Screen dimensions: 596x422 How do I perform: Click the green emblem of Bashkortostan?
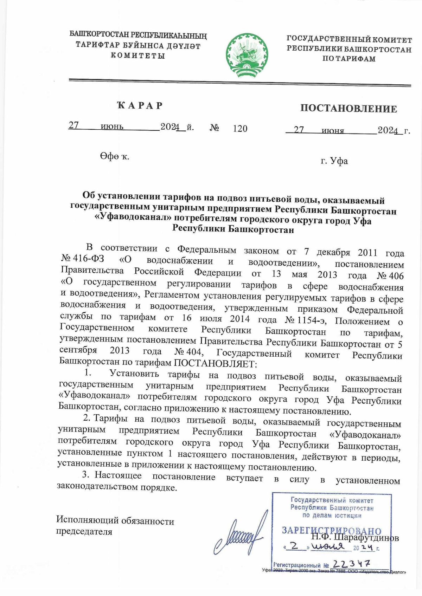point(247,55)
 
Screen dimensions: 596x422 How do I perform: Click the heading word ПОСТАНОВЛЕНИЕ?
point(349,109)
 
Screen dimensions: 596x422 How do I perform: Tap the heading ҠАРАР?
point(140,105)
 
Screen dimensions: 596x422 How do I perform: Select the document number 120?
point(240,129)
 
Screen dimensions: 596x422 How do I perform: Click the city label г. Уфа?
point(334,161)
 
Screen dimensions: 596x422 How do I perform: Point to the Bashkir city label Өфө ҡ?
point(114,156)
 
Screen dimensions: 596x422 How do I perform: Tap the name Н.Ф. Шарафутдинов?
point(355,538)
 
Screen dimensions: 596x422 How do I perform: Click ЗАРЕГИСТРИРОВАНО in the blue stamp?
point(331,530)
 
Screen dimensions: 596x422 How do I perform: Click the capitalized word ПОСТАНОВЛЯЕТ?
point(216,362)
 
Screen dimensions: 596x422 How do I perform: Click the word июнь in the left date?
point(112,126)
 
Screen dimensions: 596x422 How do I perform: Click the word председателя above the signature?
point(84,531)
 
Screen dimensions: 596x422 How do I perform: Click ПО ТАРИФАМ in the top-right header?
point(349,59)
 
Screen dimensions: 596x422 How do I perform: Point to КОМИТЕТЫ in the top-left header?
point(138,56)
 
